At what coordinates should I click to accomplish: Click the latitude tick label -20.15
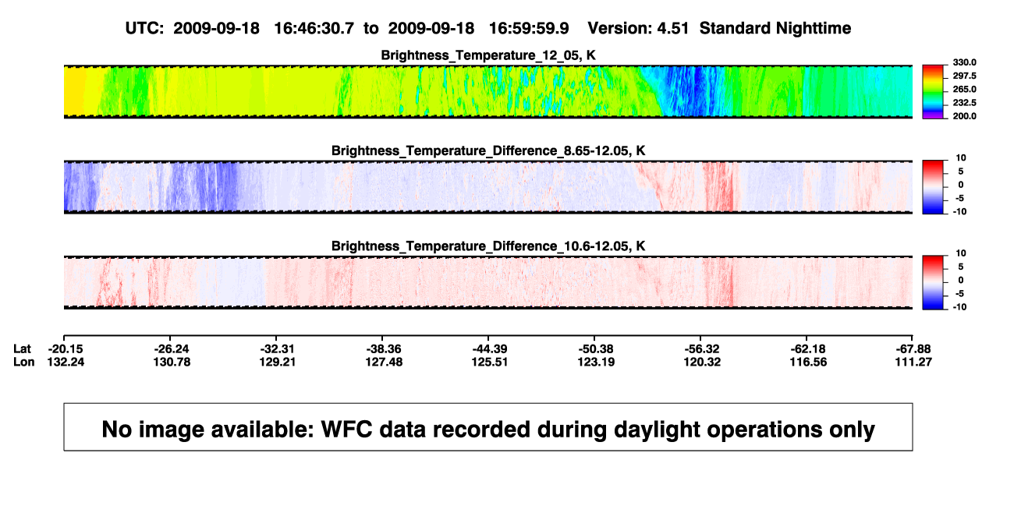pyautogui.click(x=66, y=349)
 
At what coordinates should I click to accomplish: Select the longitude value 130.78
pyautogui.click(x=172, y=362)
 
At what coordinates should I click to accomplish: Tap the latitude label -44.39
pyautogui.click(x=489, y=349)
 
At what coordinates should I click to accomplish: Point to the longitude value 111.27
pyautogui.click(x=913, y=362)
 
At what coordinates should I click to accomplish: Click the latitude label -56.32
pyautogui.click(x=702, y=349)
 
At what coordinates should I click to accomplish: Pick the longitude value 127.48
pyautogui.click(x=384, y=362)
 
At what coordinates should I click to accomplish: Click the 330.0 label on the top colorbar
pyautogui.click(x=964, y=62)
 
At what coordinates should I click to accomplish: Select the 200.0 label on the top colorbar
pyautogui.click(x=964, y=116)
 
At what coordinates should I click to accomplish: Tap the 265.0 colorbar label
pyautogui.click(x=964, y=89)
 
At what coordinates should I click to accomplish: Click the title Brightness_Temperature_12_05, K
pyautogui.click(x=488, y=55)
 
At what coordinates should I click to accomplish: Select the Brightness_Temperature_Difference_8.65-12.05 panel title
pyautogui.click(x=488, y=150)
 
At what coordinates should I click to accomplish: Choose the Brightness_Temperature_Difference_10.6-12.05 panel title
pyautogui.click(x=488, y=246)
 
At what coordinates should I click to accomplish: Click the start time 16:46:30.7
pyautogui.click(x=314, y=28)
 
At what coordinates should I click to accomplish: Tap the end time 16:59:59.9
pyautogui.click(x=529, y=28)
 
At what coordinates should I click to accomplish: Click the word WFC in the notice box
pyautogui.click(x=347, y=429)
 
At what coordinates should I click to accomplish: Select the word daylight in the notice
pyautogui.click(x=656, y=430)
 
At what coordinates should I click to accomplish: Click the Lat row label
pyautogui.click(x=22, y=349)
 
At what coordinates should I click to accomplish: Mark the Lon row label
pyautogui.click(x=23, y=362)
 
